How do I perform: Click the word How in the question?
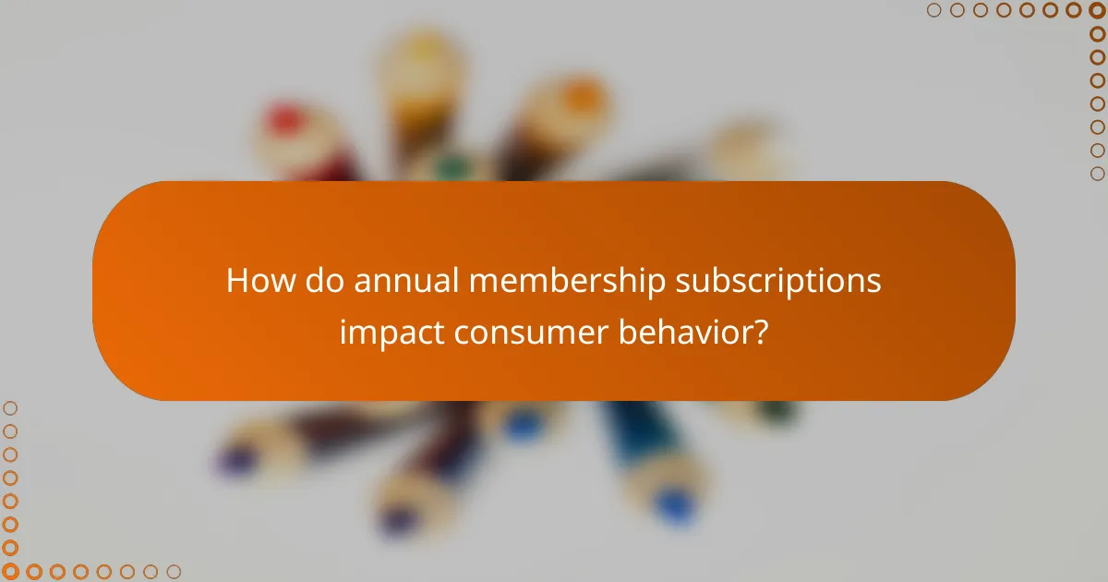pos(253,281)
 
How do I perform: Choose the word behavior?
pos(695,331)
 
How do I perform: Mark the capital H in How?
pos(236,281)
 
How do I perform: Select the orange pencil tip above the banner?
pos(582,95)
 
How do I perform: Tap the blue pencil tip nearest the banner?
pos(524,425)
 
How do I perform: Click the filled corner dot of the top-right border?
pos(1097,10)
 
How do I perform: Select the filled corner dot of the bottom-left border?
pos(10,572)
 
